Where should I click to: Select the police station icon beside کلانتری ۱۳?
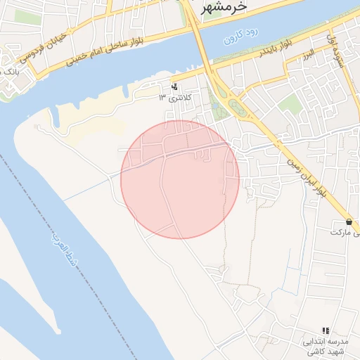[x=174, y=88]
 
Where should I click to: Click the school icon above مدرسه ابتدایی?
[x=325, y=330]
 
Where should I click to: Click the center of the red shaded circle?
[x=180, y=179]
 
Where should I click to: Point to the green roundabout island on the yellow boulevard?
[x=237, y=107]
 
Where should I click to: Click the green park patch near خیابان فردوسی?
[x=28, y=17]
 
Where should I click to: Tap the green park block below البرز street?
[x=289, y=105]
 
